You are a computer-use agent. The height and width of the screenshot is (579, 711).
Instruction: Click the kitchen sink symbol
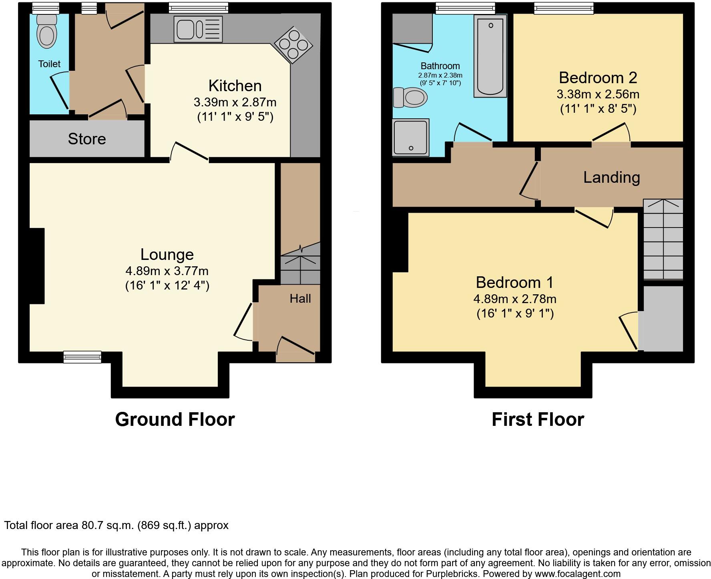click(198, 29)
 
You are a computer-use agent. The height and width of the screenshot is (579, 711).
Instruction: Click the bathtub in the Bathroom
click(490, 56)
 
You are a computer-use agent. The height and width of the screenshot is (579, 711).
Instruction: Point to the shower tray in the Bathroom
click(411, 137)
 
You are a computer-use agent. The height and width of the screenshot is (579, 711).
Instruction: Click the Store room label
click(87, 139)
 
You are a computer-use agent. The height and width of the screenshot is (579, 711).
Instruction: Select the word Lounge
click(167, 254)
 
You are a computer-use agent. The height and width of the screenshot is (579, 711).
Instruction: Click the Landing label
click(611, 177)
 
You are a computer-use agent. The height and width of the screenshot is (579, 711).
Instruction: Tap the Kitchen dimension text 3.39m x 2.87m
click(235, 102)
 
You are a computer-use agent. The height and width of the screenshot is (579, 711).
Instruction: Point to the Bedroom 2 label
click(598, 78)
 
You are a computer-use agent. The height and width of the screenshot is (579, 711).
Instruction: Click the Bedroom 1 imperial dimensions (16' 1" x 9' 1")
click(515, 313)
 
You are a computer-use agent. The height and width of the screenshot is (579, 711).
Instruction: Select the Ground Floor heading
click(175, 419)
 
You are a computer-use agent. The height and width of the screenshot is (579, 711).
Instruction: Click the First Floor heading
click(538, 419)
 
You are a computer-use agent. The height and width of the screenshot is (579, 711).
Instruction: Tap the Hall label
click(300, 298)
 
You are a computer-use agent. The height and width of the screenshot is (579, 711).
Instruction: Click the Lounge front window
click(82, 357)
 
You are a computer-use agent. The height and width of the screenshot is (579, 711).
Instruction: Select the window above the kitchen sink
click(198, 8)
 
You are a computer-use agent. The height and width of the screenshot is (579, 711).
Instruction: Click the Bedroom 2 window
click(564, 8)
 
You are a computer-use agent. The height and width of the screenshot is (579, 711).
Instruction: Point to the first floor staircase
click(663, 240)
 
